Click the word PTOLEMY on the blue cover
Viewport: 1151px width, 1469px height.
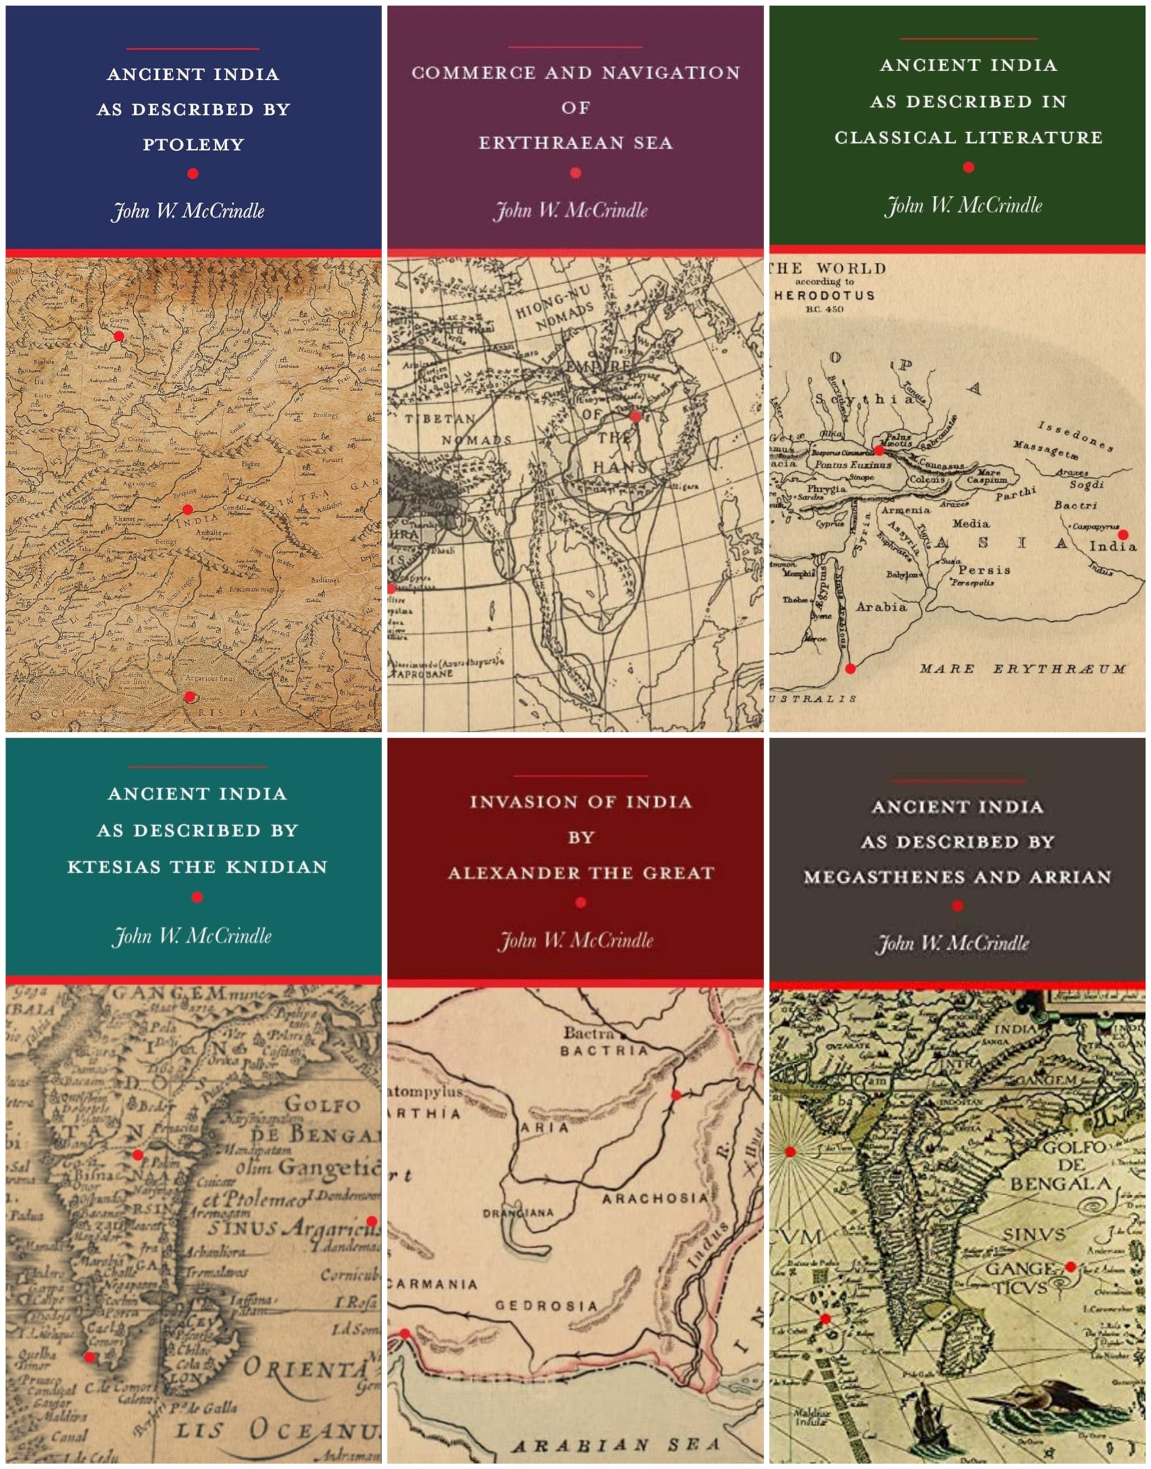tap(193, 144)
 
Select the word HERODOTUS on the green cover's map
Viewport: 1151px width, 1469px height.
tap(824, 295)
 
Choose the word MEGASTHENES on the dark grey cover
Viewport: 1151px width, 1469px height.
tap(869, 877)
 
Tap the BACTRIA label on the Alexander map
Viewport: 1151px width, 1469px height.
tap(604, 1050)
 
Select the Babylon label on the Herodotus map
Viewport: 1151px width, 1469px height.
tap(902, 574)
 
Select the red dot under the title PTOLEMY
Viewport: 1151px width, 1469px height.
tap(193, 174)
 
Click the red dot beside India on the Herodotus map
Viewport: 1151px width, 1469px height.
tap(1123, 535)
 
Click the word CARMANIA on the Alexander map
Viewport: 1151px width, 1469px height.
tap(432, 1284)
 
